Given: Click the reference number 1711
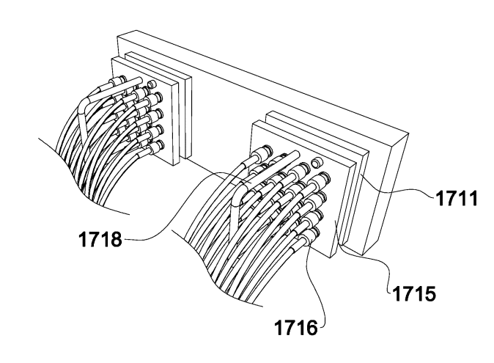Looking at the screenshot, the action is [x=457, y=199].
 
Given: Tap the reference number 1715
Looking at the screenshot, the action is [x=414, y=293].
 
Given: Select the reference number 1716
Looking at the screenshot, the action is [x=296, y=327].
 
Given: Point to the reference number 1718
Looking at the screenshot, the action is [x=100, y=239].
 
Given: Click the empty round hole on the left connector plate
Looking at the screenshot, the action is [x=152, y=84].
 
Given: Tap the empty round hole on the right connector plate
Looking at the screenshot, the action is [x=317, y=163].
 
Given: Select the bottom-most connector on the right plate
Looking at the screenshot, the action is [x=310, y=235].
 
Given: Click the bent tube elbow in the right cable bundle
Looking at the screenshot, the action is [x=238, y=198].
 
